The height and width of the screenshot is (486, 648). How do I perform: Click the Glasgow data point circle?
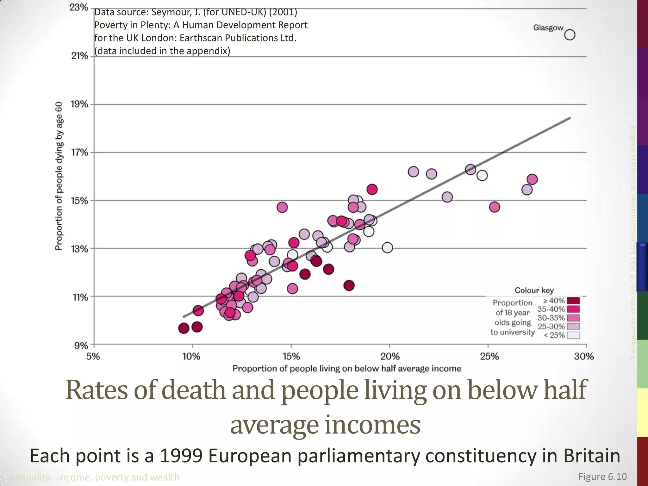point(570,34)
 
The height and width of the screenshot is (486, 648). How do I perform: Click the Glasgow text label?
point(548,28)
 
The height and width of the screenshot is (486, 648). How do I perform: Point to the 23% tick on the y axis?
point(79,8)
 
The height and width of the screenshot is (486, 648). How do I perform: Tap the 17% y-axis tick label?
point(79,153)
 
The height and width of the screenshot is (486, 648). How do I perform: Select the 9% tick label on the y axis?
point(81,346)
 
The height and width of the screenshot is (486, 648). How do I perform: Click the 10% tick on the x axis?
point(191,357)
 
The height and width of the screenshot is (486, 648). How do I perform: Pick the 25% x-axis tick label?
point(489,357)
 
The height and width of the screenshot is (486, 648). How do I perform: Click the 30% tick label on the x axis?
point(584,357)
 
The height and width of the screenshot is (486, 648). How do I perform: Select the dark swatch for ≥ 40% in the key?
point(573,301)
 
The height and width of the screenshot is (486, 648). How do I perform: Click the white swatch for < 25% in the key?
point(573,335)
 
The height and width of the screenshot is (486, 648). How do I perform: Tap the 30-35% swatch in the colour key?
point(573,318)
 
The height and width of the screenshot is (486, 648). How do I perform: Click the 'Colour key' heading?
point(534,290)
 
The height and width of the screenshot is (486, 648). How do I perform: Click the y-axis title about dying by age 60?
point(59,176)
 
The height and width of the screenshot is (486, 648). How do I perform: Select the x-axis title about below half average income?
point(347,369)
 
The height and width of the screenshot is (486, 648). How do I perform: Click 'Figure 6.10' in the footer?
point(602,477)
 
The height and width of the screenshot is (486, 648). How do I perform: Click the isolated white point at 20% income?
point(387,247)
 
